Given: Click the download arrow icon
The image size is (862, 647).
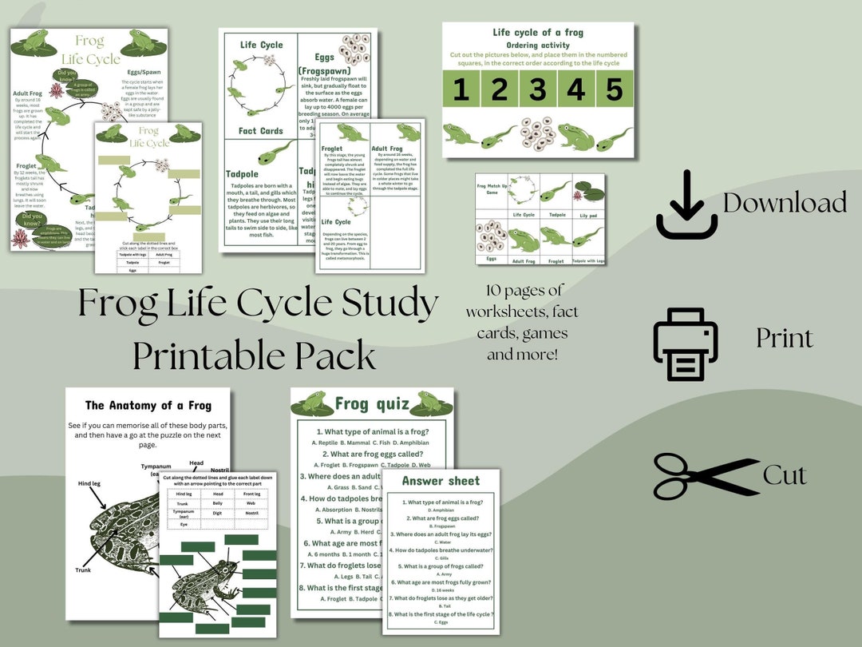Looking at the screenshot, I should (x=686, y=204).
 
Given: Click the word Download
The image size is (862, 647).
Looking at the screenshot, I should (x=785, y=203).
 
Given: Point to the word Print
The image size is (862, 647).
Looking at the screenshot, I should (x=785, y=339).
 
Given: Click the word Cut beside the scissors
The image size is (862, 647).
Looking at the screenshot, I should (x=785, y=475).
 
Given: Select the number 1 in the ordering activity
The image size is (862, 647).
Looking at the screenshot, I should (x=461, y=89).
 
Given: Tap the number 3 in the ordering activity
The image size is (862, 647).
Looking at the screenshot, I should (x=537, y=89).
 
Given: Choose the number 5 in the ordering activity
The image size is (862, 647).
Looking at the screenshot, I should (x=613, y=89).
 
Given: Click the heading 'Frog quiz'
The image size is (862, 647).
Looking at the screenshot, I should (x=373, y=403).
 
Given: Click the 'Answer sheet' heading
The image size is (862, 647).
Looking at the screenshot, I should (x=441, y=481).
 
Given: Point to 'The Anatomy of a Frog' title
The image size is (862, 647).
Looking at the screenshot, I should (x=148, y=406).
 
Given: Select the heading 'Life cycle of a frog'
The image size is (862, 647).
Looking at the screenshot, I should (x=538, y=33).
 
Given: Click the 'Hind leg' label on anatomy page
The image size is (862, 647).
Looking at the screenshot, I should (x=89, y=483).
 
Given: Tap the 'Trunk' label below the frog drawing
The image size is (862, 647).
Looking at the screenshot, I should (x=84, y=570).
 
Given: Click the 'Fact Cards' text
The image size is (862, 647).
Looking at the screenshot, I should (x=261, y=130).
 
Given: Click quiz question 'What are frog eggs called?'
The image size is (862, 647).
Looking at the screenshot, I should (x=371, y=454).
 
